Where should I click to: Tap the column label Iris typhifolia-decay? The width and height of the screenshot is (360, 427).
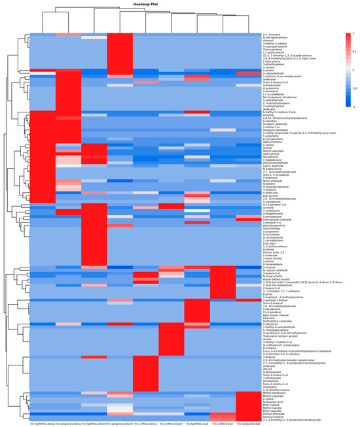43,423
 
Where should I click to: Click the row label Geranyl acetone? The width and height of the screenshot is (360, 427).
272,415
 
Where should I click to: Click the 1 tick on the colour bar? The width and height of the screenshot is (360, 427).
351,32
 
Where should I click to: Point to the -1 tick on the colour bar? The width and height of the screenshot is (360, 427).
351,105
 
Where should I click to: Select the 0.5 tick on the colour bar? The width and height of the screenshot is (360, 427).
353,50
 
